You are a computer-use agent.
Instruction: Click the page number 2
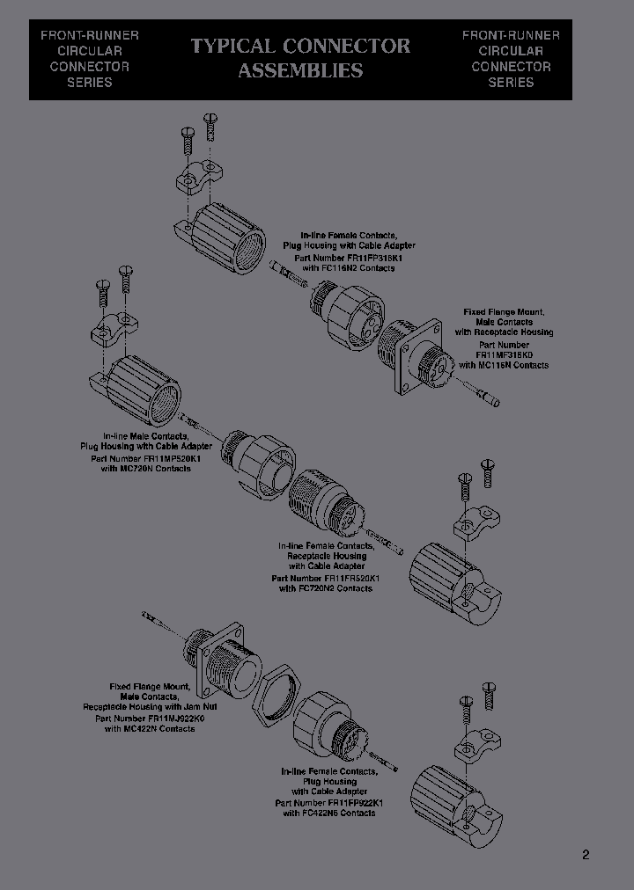point(586,854)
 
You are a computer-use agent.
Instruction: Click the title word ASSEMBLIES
point(300,71)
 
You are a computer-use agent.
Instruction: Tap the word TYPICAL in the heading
point(232,46)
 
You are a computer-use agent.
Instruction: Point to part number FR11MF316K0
point(504,354)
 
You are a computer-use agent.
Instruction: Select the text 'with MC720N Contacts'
point(145,469)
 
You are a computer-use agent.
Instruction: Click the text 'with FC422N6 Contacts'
point(329,813)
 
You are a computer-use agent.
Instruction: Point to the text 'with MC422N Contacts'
point(150,728)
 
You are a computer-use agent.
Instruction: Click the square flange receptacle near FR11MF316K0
point(415,355)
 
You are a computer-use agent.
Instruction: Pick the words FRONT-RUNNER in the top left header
point(90,35)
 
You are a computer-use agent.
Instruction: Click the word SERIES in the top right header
point(511,82)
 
